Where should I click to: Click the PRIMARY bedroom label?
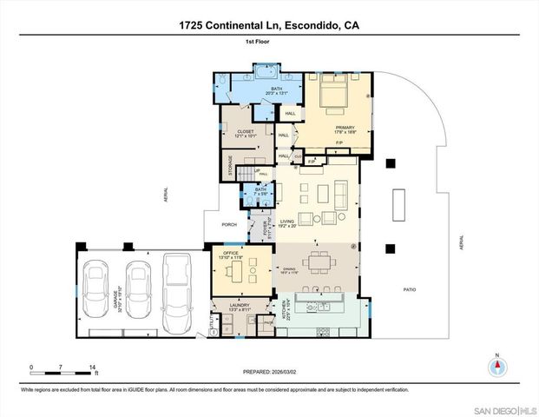[x=345, y=129]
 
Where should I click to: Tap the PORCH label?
[x=229, y=224]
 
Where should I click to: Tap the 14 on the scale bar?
[x=92, y=367]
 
